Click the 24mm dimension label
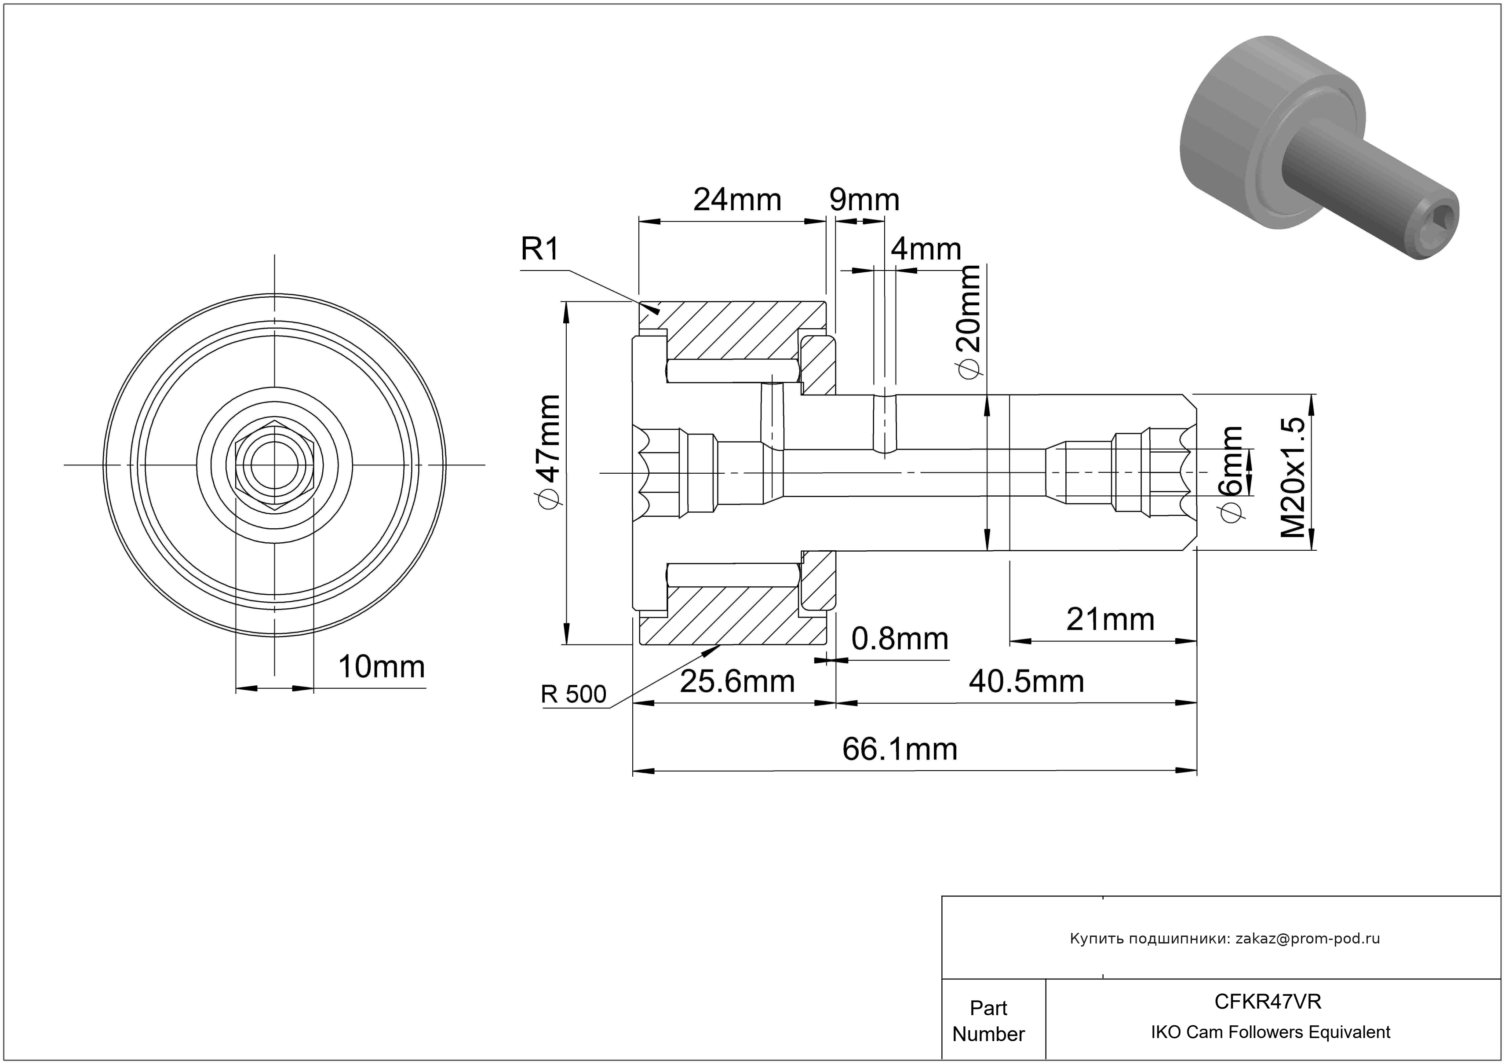coord(737,200)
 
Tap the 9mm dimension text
coord(864,200)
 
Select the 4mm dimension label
coord(926,250)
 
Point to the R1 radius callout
coord(539,250)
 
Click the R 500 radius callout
coord(573,694)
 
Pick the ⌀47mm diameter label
coord(547,452)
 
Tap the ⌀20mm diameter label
coord(968,321)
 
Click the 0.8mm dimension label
coord(899,639)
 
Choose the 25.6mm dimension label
coord(737,682)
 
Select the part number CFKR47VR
coord(1268,1002)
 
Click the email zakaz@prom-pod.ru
coord(1307,939)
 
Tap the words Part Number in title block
coord(988,1021)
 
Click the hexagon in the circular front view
coord(275,465)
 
